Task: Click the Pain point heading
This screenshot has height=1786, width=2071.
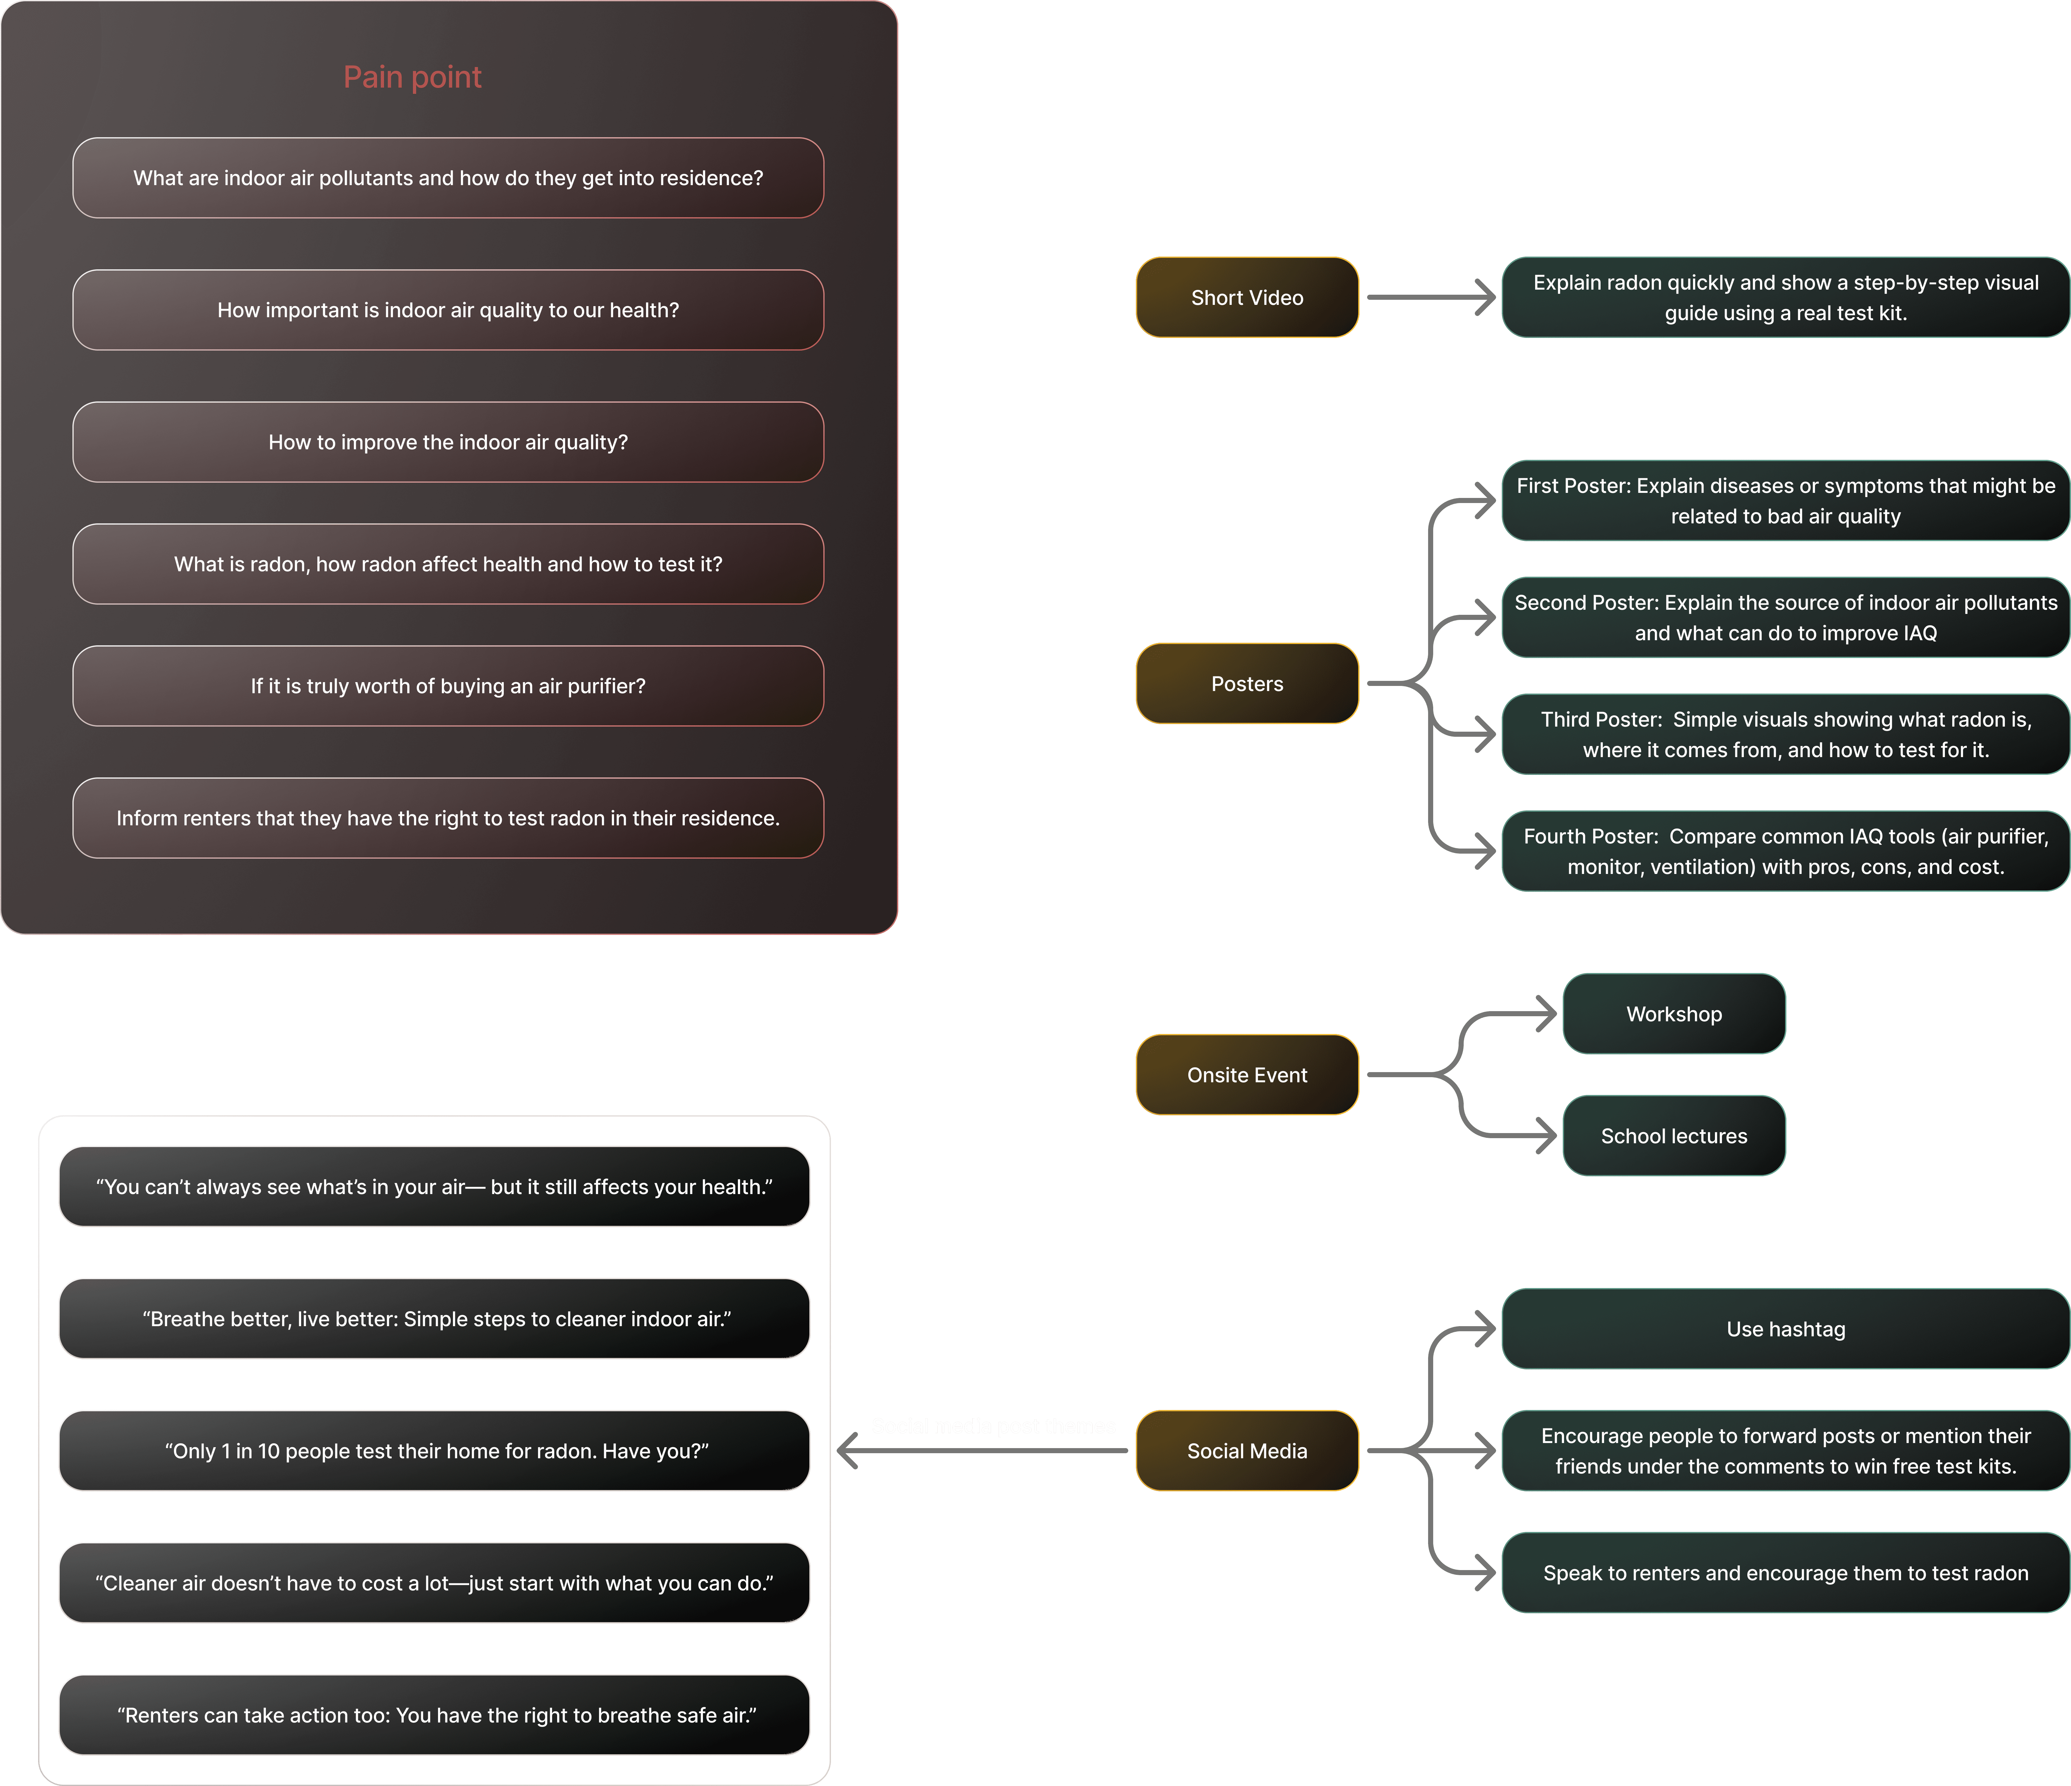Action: pyautogui.click(x=412, y=77)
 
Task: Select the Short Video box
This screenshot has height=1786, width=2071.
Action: pyautogui.click(x=1246, y=298)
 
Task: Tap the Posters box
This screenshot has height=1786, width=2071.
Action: pyautogui.click(x=1246, y=684)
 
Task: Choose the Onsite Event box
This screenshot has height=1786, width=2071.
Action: pyautogui.click(x=1246, y=1074)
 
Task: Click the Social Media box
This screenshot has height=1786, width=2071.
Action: pyautogui.click(x=1246, y=1450)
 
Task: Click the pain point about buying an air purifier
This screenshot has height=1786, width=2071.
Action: pyautogui.click(x=448, y=686)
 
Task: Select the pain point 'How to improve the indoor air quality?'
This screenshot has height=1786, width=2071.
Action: pyautogui.click(x=448, y=442)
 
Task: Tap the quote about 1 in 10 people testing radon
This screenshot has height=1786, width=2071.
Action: pyautogui.click(x=435, y=1450)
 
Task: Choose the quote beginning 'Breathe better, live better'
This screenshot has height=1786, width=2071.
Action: pyautogui.click(x=435, y=1318)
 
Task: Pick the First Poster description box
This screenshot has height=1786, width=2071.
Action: pyautogui.click(x=1785, y=501)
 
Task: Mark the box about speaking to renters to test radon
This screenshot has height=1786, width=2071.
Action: pyautogui.click(x=1785, y=1572)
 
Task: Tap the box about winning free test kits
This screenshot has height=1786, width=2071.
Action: pyautogui.click(x=1785, y=1450)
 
